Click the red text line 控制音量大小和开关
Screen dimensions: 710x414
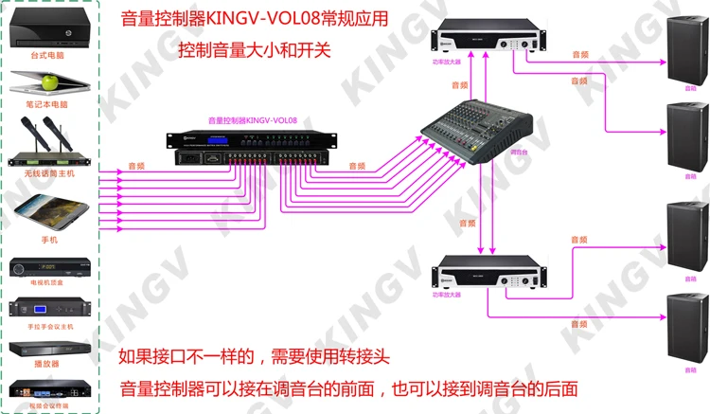click(255, 49)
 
